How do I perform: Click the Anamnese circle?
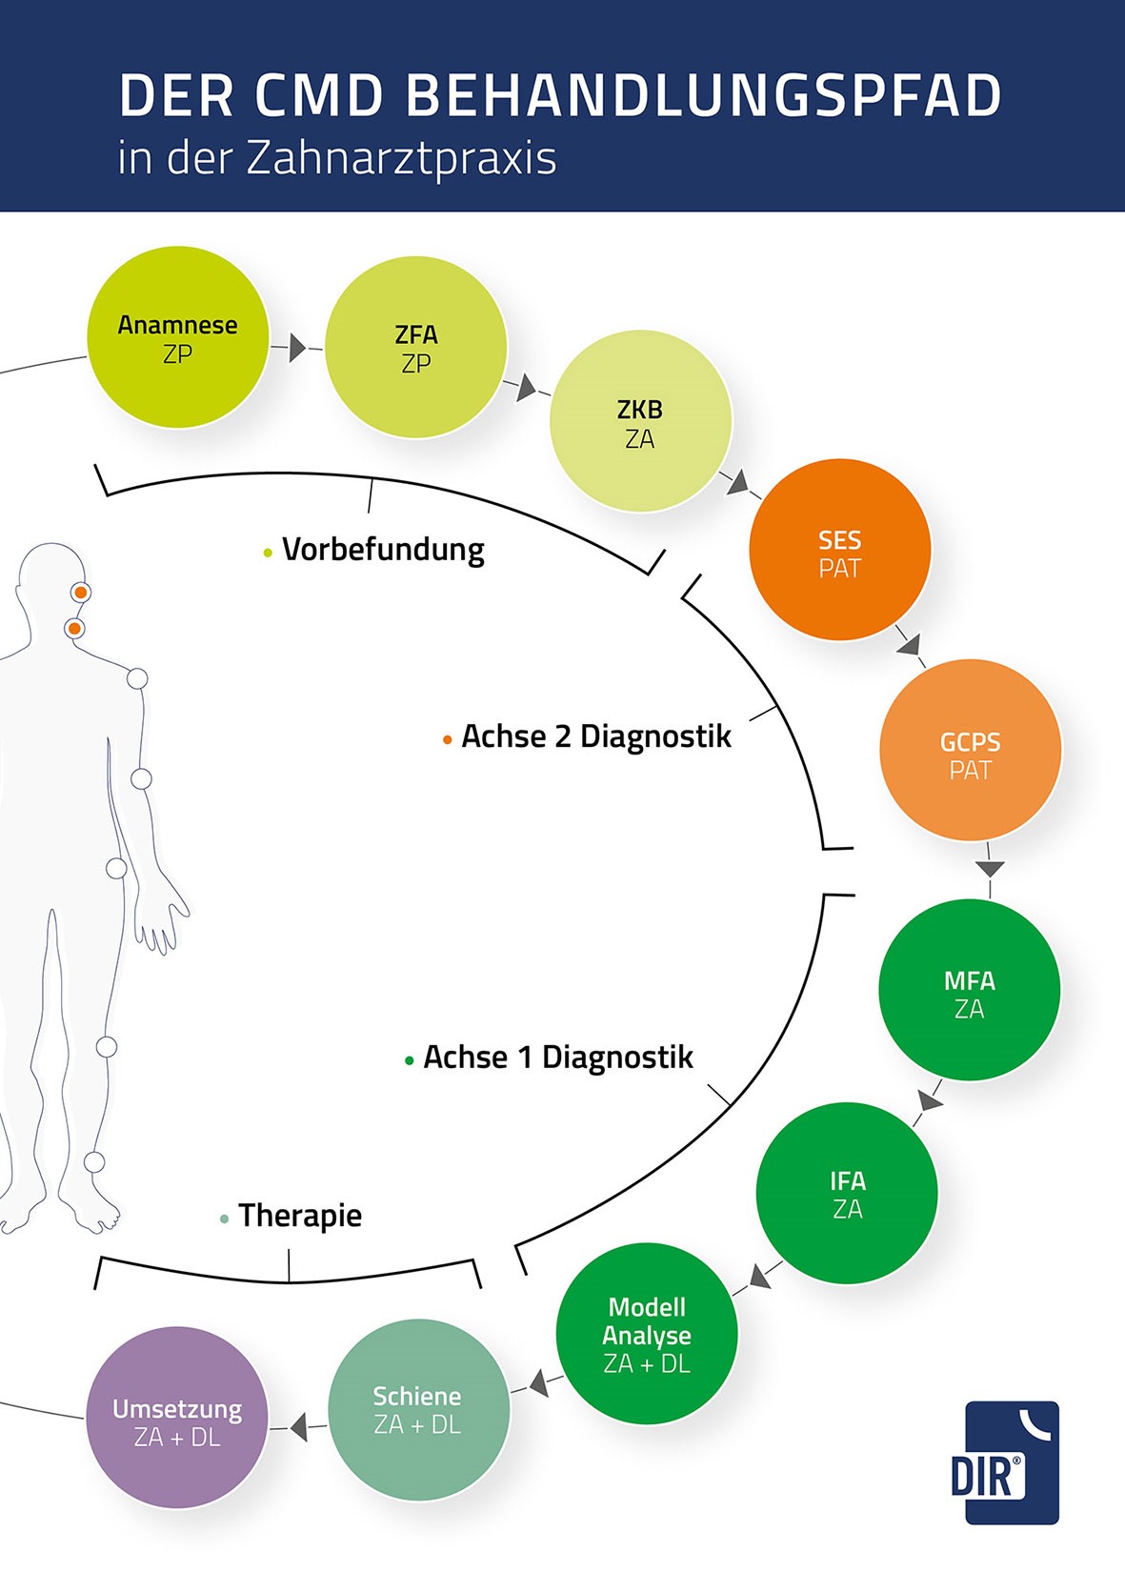click(x=178, y=337)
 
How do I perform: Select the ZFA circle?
click(x=416, y=348)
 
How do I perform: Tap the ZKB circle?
click(x=640, y=421)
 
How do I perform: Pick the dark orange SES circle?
click(x=839, y=550)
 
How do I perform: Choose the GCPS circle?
click(x=970, y=751)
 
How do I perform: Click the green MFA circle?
click(x=969, y=990)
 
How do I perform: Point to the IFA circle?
click(x=847, y=1193)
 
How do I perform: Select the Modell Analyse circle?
click(x=647, y=1334)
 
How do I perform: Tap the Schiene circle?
click(x=418, y=1410)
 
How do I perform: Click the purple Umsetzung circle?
click(x=177, y=1418)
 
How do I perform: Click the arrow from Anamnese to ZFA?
click(x=297, y=348)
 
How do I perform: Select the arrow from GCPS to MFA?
click(x=990, y=868)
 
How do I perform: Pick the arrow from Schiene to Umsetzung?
click(x=298, y=1427)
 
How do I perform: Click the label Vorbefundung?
click(x=383, y=550)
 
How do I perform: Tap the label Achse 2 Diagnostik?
click(x=595, y=736)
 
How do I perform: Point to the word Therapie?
click(x=299, y=1216)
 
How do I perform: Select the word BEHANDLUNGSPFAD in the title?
click(x=704, y=95)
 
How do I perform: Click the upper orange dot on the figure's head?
click(x=81, y=593)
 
